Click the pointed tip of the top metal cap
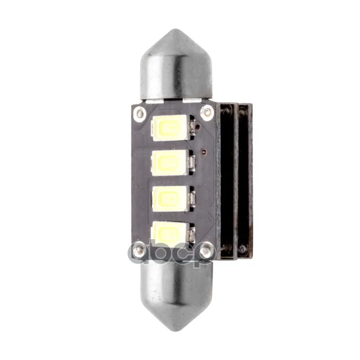pyautogui.click(x=175, y=31)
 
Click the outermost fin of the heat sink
pyautogui.click(x=245, y=180)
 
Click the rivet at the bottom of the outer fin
pyautogui.click(x=243, y=248)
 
